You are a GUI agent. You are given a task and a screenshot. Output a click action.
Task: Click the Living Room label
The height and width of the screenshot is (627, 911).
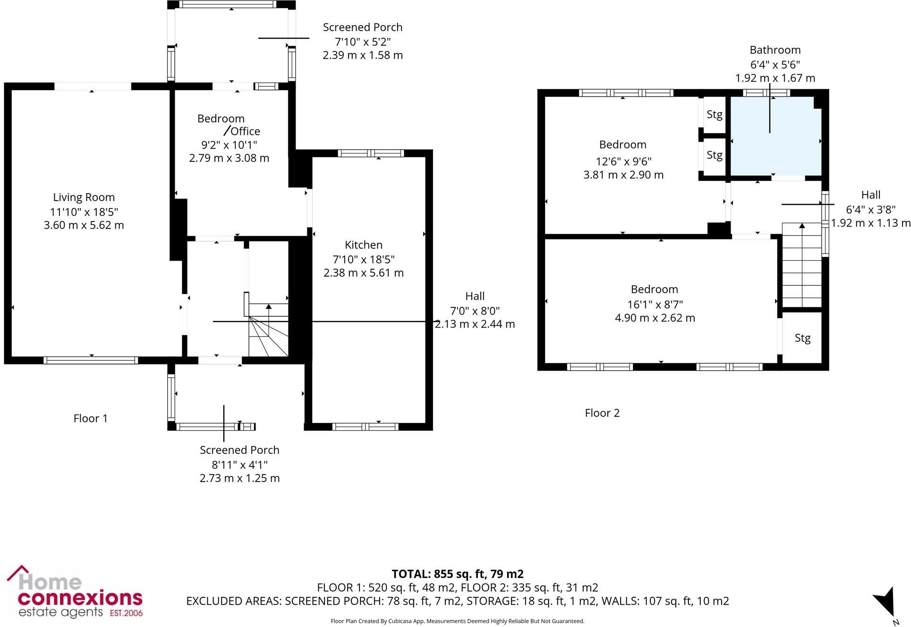(x=84, y=197)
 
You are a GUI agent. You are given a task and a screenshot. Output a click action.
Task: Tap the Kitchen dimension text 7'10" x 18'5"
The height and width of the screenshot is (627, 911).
(x=363, y=259)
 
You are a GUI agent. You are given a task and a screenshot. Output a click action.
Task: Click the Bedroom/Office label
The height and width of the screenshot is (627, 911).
(x=229, y=125)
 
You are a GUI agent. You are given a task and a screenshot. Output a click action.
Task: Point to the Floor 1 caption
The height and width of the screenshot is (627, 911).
(x=91, y=418)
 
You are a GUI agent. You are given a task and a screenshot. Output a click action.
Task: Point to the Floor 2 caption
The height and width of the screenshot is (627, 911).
(x=602, y=413)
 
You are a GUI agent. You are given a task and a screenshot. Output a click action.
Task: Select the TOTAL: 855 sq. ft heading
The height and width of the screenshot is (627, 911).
(x=457, y=574)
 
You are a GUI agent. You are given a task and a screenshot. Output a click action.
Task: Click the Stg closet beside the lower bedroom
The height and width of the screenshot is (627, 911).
(x=802, y=338)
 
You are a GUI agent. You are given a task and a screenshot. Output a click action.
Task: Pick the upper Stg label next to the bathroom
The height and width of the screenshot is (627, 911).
(x=714, y=115)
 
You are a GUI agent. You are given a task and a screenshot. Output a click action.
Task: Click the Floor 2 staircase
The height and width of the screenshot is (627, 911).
(x=802, y=267)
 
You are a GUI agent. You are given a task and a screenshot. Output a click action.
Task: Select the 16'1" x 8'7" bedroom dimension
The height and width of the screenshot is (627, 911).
(x=655, y=304)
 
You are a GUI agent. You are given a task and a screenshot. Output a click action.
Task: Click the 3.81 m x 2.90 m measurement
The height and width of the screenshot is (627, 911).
(x=623, y=175)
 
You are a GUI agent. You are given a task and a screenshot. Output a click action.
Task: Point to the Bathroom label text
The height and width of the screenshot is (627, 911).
(x=775, y=50)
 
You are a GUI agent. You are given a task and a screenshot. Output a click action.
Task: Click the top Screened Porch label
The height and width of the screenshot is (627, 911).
(x=362, y=27)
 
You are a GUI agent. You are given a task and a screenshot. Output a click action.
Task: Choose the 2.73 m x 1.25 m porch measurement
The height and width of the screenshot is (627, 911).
(x=239, y=478)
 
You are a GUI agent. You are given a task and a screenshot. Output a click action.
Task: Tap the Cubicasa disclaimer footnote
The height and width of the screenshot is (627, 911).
(x=457, y=621)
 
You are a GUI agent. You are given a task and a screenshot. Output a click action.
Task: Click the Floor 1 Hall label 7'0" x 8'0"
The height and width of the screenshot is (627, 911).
(x=475, y=311)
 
